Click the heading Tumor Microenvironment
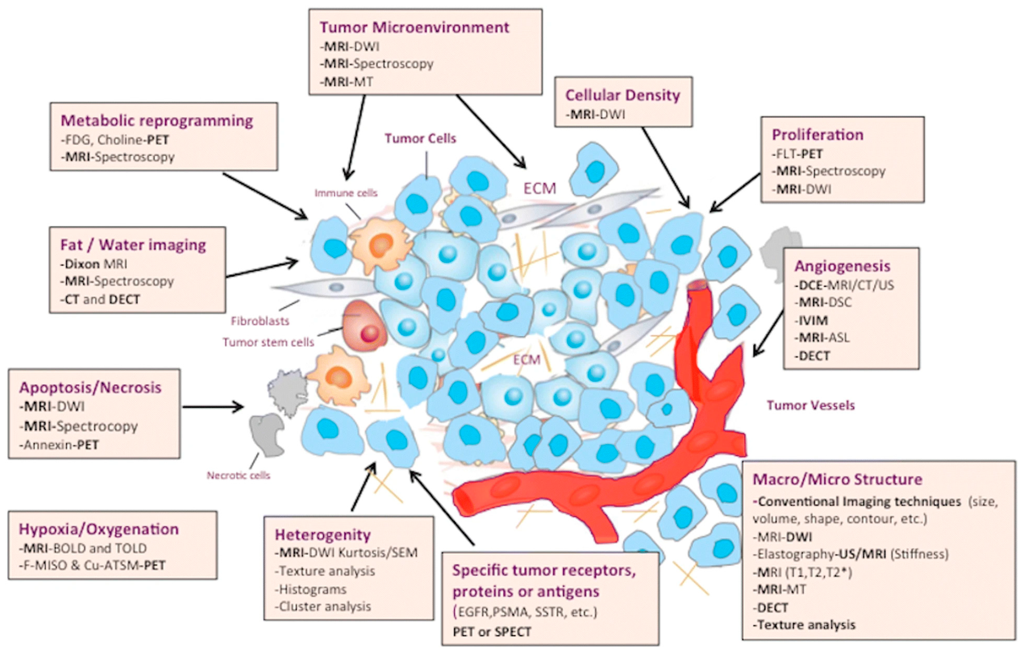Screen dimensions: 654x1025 click(414, 27)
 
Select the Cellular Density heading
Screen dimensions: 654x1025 click(622, 95)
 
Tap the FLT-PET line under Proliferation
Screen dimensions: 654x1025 click(797, 154)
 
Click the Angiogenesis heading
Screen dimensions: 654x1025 click(842, 266)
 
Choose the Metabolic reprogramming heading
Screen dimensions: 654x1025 click(157, 120)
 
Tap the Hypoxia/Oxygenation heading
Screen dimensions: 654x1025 click(98, 529)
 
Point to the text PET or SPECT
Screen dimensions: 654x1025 click(492, 632)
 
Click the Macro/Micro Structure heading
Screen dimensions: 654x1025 click(837, 479)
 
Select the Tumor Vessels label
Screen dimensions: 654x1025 click(810, 405)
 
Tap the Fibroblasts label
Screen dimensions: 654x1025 click(260, 321)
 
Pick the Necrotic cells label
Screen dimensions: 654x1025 click(238, 476)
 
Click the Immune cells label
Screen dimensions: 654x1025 click(346, 193)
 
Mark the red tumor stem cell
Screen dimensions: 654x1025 click(364, 326)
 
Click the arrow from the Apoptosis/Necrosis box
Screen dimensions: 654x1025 click(213, 407)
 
